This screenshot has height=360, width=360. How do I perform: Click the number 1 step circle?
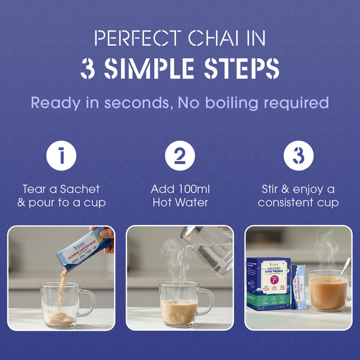61,157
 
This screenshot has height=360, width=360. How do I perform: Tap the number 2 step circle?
180,157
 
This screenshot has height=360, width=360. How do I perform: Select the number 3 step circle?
298,157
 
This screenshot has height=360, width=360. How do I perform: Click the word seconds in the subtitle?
143,103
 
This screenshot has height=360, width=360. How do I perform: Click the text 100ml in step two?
190,189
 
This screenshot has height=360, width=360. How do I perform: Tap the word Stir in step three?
274,189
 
